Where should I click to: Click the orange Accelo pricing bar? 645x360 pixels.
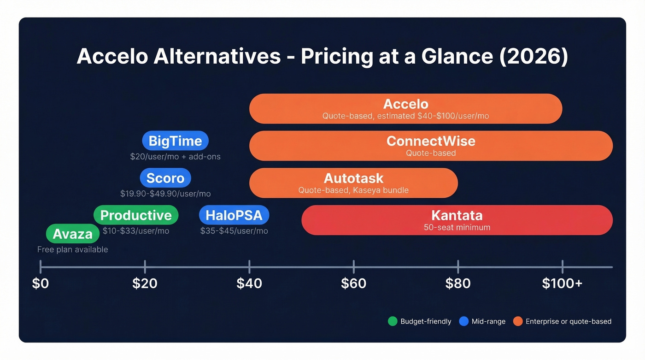point(405,109)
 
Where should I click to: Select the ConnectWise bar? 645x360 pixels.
point(431,146)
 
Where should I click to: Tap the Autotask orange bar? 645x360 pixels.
point(353,183)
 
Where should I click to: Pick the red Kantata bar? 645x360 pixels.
point(457,220)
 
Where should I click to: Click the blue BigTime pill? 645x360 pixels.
point(175,141)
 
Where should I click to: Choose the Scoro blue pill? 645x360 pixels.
point(165,178)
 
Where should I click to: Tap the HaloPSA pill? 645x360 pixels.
point(234,215)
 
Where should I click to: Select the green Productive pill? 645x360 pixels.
point(136,215)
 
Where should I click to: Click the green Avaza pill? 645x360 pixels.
point(73,234)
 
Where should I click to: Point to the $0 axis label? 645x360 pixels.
point(41,283)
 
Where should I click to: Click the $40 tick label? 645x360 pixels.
point(249,283)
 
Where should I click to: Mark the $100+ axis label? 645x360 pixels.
point(562,283)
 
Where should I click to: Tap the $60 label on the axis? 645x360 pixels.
point(353,283)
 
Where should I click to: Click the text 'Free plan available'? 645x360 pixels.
point(73,249)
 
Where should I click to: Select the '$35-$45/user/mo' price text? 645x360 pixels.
point(234,231)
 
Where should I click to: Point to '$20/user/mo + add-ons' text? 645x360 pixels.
point(175,157)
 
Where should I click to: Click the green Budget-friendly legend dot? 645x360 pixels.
point(393,321)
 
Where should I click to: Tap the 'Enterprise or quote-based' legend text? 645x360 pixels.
point(569,321)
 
